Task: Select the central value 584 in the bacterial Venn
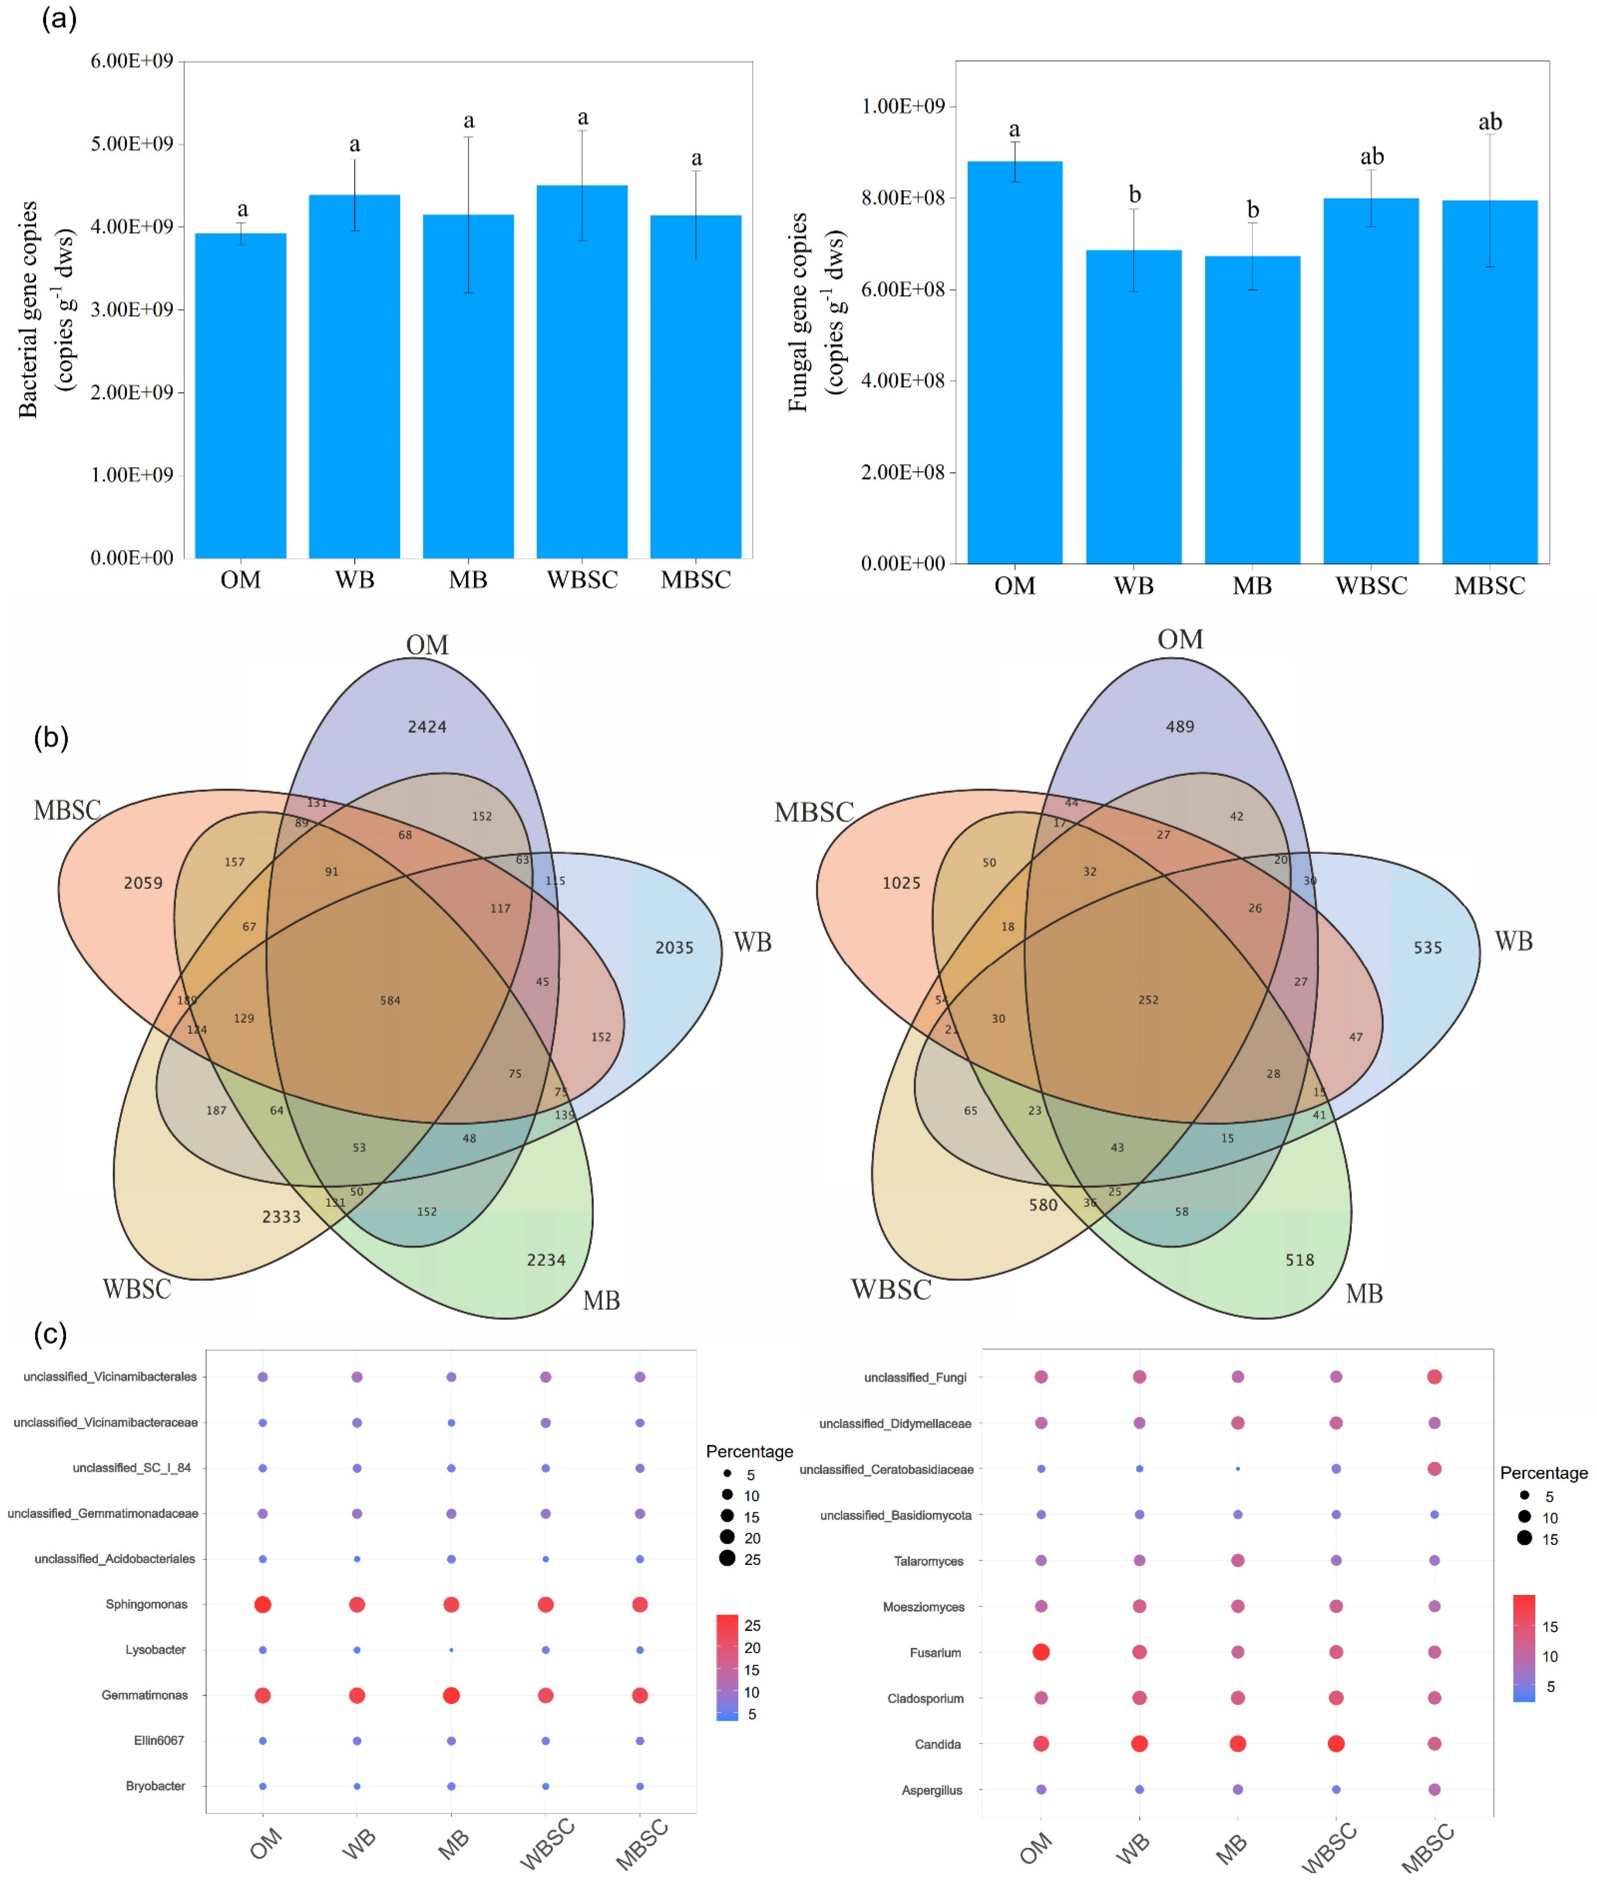[390, 1000]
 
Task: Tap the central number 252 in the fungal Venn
[1148, 1000]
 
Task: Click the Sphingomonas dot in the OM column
[262, 1604]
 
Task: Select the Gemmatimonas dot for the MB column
[451, 1695]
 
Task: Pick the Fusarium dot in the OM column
[1041, 1652]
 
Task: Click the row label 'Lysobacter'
[156, 1649]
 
